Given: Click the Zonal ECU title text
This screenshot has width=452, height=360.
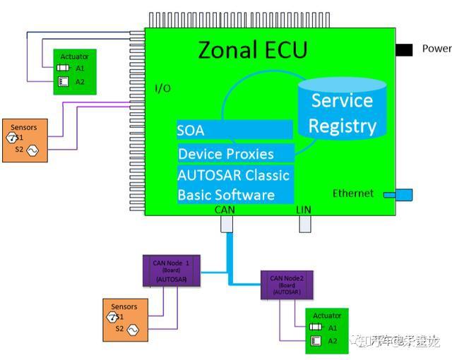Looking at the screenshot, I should [252, 51].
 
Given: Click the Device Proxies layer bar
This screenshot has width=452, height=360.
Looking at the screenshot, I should [235, 153].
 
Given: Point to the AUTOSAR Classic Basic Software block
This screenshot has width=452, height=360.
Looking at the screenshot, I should [234, 184].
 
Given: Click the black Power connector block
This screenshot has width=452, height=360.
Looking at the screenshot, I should [404, 49].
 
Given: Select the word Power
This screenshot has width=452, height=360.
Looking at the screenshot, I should [436, 49].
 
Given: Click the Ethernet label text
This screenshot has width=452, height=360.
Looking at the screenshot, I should [353, 193].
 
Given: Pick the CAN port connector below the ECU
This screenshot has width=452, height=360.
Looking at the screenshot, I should [227, 224].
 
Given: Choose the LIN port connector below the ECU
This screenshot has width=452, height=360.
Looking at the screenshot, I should [305, 224].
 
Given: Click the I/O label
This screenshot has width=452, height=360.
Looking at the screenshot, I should [162, 88].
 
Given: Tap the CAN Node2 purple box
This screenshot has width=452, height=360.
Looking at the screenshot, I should [287, 284].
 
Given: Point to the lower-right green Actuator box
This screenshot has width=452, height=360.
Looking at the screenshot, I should [326, 330].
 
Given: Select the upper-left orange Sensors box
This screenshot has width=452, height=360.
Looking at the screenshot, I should [25, 140].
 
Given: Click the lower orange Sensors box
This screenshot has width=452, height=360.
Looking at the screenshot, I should [125, 319].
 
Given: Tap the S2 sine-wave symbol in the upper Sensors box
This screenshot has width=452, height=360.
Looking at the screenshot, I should [32, 150].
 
